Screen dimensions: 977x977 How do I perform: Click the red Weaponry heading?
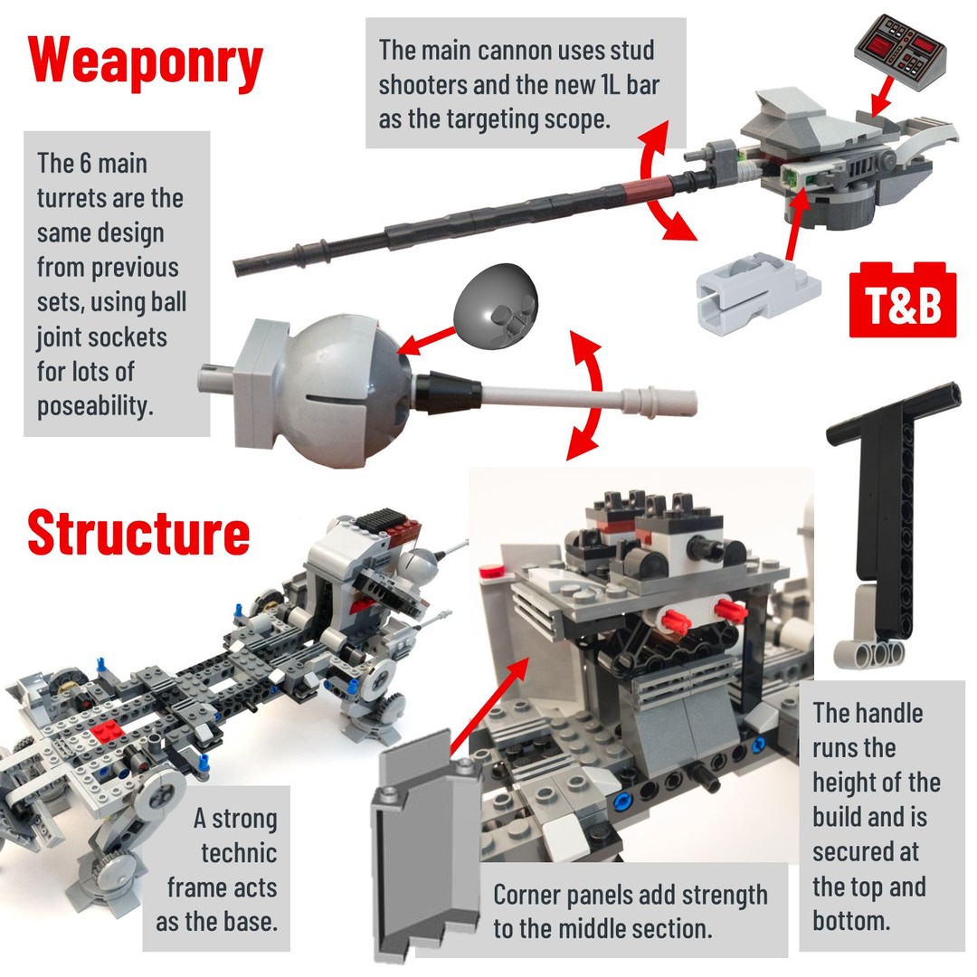tap(145, 63)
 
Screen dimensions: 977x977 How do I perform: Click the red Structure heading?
tap(138, 532)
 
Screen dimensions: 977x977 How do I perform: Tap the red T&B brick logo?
tap(902, 300)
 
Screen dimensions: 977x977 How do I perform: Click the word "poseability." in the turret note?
tap(95, 406)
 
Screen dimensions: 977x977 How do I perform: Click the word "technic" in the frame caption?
tap(239, 853)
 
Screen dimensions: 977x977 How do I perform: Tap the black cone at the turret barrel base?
tap(448, 393)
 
